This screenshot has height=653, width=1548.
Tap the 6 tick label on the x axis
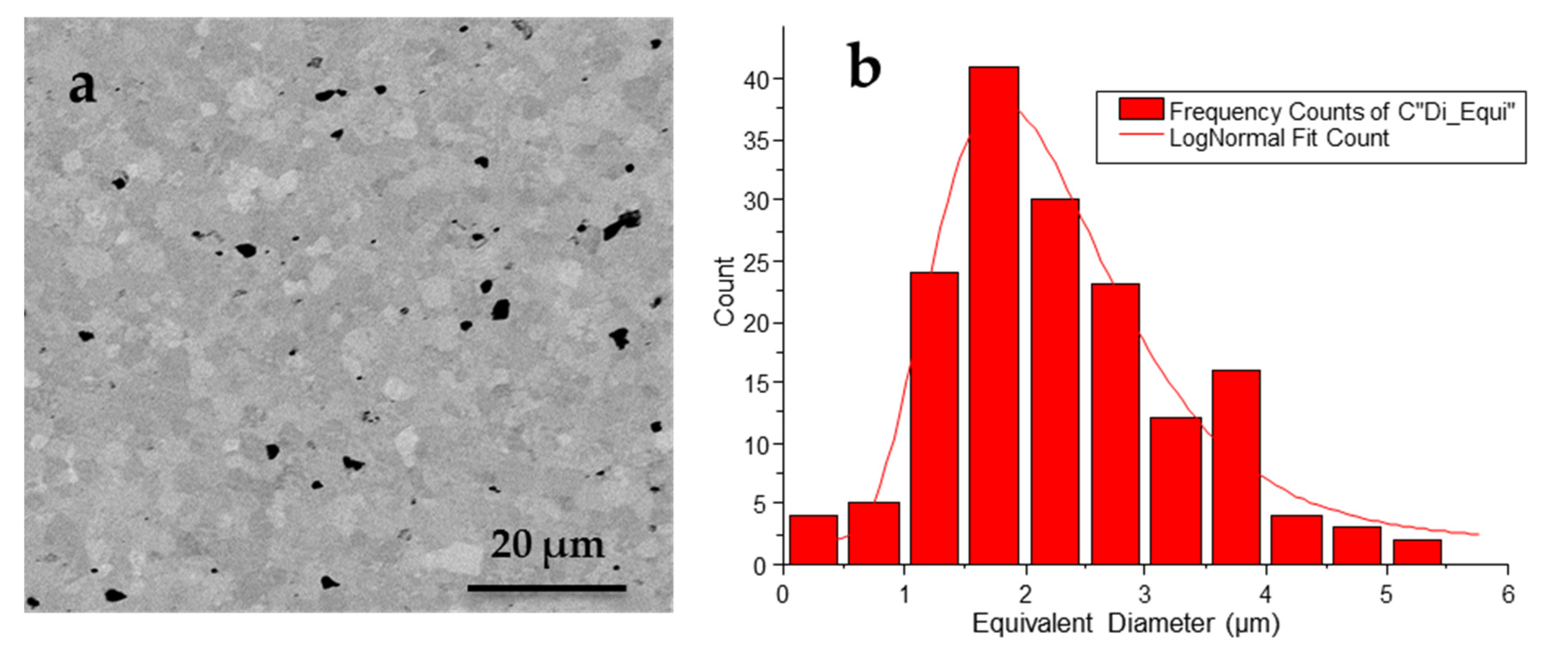coord(1508,595)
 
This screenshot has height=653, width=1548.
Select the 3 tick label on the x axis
coord(1145,595)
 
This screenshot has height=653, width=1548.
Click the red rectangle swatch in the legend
coord(1141,109)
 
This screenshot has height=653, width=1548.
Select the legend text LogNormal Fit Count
coord(1279,138)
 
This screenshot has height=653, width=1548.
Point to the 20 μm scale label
coord(547,545)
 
